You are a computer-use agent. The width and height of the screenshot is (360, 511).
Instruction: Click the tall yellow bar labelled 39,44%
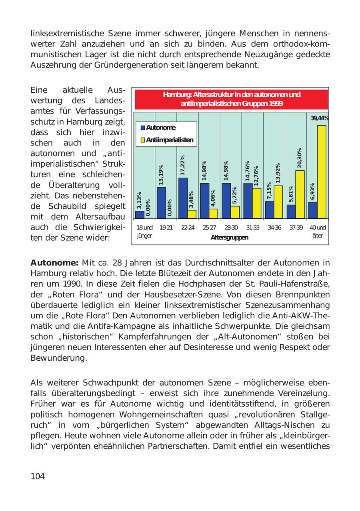pos(322,172)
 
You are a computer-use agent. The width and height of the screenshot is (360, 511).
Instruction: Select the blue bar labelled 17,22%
pos(183,198)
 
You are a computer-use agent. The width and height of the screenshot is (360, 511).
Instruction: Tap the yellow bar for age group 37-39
pos(300,195)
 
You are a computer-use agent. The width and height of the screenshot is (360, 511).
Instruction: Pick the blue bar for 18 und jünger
pos(140,215)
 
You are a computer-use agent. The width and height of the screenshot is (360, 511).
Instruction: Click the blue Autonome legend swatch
pos(143,128)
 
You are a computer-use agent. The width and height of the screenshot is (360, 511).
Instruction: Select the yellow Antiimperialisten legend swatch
pos(143,140)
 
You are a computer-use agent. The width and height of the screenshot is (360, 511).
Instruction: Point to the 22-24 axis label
pos(188,228)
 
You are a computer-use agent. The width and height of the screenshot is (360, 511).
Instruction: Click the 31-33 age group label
pos(252,228)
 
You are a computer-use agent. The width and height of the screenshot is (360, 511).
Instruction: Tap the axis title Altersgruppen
pos(229,238)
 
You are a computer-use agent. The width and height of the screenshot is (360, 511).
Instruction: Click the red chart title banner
pos(231,100)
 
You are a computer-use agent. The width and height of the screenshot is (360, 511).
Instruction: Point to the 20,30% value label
pos(300,158)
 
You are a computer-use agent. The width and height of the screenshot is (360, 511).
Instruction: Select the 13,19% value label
pos(161,175)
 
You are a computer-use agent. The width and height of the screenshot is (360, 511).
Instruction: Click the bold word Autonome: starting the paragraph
pos(54,263)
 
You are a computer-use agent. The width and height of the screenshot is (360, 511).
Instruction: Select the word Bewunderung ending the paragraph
pos(58,357)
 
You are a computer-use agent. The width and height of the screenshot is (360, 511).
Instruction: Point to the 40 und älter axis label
pos(318,232)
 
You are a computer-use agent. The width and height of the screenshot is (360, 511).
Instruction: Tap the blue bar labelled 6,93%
pos(313,210)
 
